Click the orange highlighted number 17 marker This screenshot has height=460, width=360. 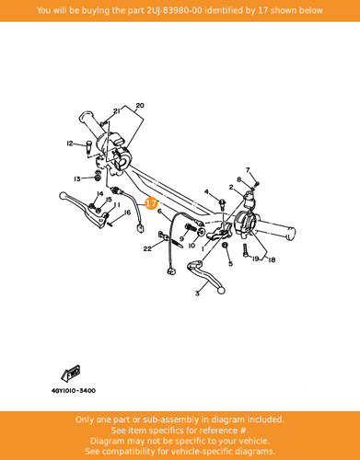click(151, 203)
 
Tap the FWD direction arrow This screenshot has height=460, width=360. click(71, 374)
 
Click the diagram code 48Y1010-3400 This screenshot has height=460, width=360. click(74, 391)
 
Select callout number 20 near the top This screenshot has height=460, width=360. click(140, 106)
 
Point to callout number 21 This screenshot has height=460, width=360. click(117, 111)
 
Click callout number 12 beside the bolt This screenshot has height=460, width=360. click(70, 144)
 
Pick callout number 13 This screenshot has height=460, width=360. click(77, 178)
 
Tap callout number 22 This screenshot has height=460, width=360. click(147, 248)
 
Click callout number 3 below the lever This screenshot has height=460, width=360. click(197, 293)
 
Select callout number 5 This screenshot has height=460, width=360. click(231, 263)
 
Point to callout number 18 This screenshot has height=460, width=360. click(272, 260)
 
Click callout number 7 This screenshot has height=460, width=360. click(248, 170)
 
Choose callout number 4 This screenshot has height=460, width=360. click(206, 192)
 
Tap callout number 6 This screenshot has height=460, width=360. click(159, 211)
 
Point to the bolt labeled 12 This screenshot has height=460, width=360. click(88, 146)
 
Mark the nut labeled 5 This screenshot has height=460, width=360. click(225, 245)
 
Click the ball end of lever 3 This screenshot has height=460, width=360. click(221, 290)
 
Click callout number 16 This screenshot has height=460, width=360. click(127, 213)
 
